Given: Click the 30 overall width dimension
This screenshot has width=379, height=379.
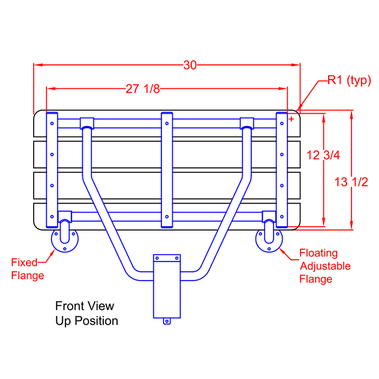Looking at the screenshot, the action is click(x=190, y=66).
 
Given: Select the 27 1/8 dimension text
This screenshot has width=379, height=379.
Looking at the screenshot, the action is click(x=143, y=89).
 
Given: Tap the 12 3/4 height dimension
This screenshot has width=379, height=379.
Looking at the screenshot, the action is click(x=323, y=155).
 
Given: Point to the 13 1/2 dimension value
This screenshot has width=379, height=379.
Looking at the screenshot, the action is click(x=351, y=182).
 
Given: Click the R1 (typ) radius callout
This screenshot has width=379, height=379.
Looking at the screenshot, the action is click(x=349, y=80).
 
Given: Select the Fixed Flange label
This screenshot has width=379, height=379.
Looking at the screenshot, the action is click(x=28, y=269).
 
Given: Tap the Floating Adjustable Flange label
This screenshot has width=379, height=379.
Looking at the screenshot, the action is click(x=325, y=266).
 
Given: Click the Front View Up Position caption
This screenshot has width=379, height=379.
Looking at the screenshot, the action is click(x=87, y=313).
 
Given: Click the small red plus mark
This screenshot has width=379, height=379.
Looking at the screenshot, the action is click(x=291, y=119).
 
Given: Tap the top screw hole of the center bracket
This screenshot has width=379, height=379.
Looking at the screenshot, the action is click(x=167, y=123).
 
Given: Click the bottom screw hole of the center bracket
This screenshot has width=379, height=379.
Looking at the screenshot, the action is click(x=167, y=217).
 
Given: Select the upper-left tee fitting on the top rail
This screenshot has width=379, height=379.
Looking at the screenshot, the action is click(x=87, y=123).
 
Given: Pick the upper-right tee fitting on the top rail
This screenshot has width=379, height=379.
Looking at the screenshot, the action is click(x=247, y=123).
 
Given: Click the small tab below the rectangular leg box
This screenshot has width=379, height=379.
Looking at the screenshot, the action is click(x=167, y=321).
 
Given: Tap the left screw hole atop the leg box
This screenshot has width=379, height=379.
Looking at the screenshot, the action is click(x=157, y=258).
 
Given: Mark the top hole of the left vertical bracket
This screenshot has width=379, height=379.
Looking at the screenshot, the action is click(x=52, y=123).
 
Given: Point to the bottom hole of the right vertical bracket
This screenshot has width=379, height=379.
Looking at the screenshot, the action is click(x=282, y=217).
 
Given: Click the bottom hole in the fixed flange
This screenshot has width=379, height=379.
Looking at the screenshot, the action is click(x=64, y=249).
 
